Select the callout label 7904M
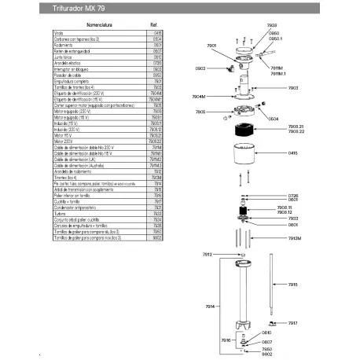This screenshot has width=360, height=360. click(201, 119)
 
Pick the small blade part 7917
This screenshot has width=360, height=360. click(271, 323)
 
